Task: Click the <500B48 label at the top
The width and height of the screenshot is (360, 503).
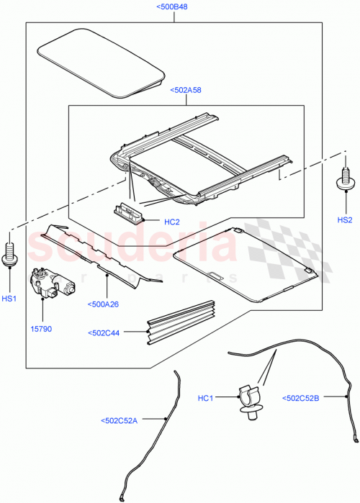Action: [x=172, y=8]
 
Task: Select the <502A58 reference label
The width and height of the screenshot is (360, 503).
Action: [x=186, y=91]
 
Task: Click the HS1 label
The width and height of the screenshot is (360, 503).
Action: [x=10, y=299]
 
